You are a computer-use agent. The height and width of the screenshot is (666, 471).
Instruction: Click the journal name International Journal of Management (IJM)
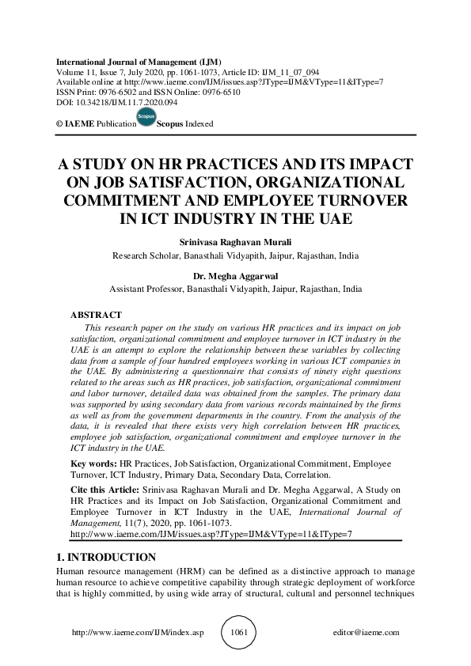138,62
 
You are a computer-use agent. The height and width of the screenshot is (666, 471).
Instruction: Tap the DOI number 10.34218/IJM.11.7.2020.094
127,103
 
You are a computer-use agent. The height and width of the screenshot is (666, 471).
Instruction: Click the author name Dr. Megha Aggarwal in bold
235,276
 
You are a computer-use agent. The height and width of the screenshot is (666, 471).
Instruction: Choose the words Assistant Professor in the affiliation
145,289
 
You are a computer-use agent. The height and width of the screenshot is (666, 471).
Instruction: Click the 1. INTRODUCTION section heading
107,558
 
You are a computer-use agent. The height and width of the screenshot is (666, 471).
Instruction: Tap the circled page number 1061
238,633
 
